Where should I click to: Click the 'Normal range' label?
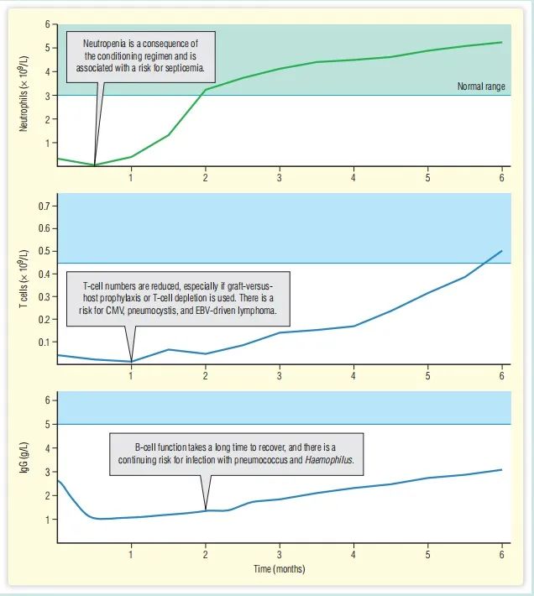(x=481, y=86)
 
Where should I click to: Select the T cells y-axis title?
(x=25, y=277)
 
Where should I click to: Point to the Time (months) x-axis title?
(x=279, y=569)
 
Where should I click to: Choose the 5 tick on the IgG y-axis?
(x=48, y=424)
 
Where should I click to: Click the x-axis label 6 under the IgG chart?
(x=501, y=555)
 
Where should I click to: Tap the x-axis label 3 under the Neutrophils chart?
(x=280, y=178)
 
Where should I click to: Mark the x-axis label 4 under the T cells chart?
(x=353, y=374)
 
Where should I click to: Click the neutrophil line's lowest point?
(x=95, y=165)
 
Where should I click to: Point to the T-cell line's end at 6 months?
(x=501, y=250)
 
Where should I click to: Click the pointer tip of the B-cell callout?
(x=206, y=509)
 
